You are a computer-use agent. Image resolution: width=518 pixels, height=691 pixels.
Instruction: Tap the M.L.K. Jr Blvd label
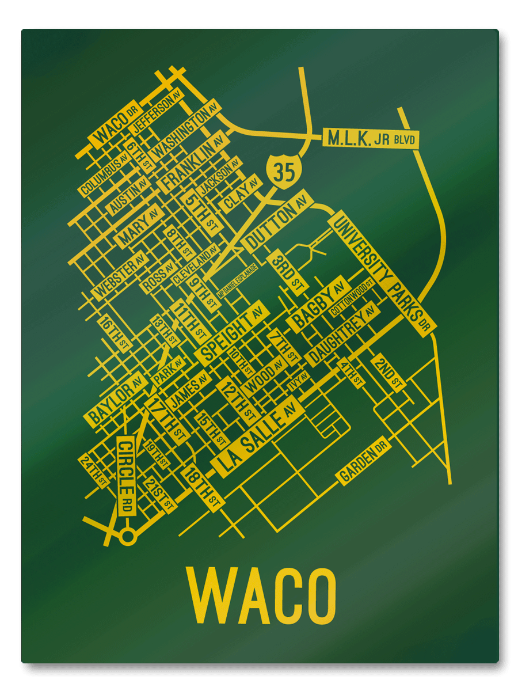tap(371, 139)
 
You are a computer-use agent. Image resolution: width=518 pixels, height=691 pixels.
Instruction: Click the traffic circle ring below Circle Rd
tap(128, 537)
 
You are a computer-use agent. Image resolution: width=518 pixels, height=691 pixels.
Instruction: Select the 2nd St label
tap(389, 374)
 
